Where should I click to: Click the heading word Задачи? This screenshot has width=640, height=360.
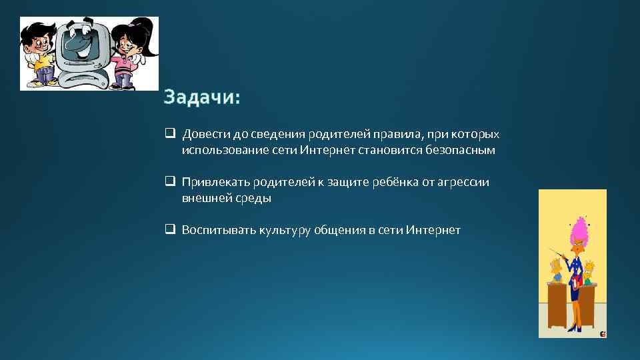coord(202,98)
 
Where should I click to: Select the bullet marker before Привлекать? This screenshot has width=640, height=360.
coord(170,181)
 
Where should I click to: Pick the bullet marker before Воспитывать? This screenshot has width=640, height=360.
coord(170,230)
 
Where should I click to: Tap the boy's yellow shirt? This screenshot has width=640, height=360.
coord(41,63)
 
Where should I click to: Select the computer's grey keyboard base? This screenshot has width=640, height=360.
coord(83,78)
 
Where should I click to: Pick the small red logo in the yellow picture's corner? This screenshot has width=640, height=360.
coord(602,333)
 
